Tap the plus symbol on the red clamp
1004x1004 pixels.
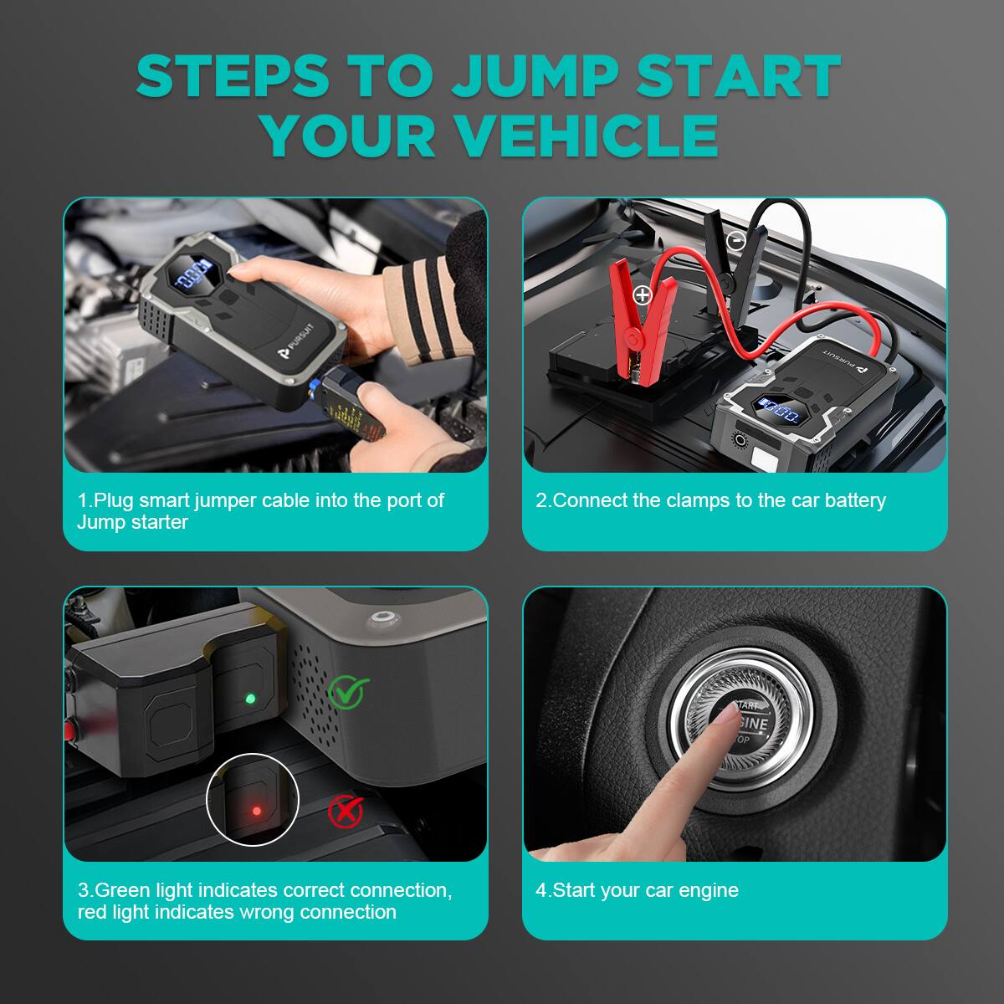(x=642, y=295)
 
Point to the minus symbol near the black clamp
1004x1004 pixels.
(x=735, y=241)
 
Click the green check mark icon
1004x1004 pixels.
(x=348, y=691)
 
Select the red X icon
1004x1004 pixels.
(x=344, y=809)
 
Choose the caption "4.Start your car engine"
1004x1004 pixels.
(x=637, y=890)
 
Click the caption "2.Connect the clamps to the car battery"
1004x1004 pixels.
(x=710, y=500)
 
